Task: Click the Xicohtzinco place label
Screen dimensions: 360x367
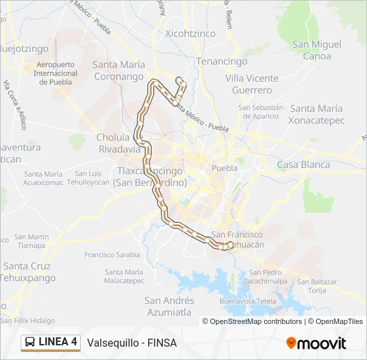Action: pyautogui.click(x=190, y=33)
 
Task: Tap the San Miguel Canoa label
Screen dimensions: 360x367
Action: pyautogui.click(x=317, y=50)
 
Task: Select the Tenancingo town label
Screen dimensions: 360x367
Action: pyautogui.click(x=225, y=61)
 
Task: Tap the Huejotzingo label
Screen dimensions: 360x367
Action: pyautogui.click(x=24, y=49)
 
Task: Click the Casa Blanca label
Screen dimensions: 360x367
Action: pyautogui.click(x=303, y=165)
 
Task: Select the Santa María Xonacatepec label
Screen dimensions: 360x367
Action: pyautogui.click(x=316, y=114)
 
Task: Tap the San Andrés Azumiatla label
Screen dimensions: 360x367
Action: pyautogui.click(x=169, y=306)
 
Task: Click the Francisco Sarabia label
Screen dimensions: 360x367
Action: pyautogui.click(x=112, y=255)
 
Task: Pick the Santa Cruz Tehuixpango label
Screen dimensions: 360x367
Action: pyautogui.click(x=28, y=272)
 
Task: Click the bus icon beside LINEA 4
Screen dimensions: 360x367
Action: pyautogui.click(x=30, y=343)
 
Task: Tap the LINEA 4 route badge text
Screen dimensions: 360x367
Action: pyautogui.click(x=58, y=343)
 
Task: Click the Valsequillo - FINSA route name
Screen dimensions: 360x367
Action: pyautogui.click(x=131, y=343)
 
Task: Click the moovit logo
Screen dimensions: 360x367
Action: pyautogui.click(x=316, y=343)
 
